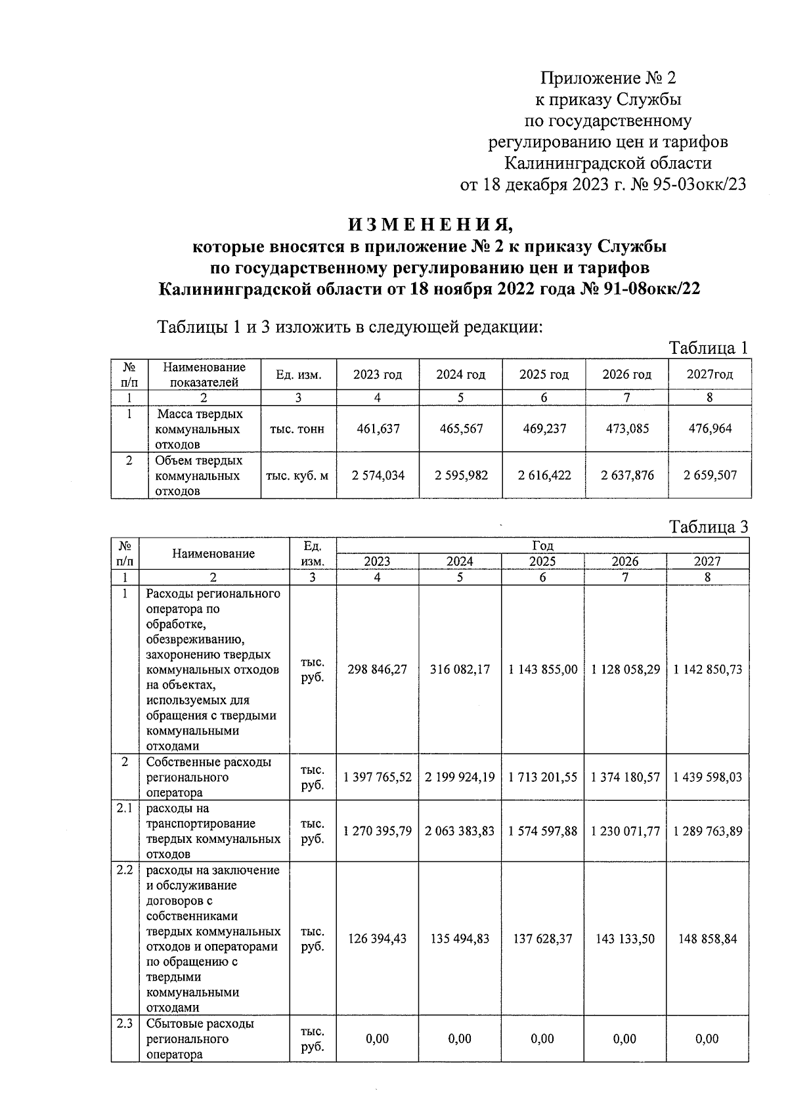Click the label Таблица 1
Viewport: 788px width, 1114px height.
click(x=708, y=348)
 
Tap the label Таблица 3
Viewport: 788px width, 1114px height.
click(x=708, y=526)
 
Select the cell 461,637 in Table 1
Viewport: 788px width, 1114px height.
click(x=378, y=429)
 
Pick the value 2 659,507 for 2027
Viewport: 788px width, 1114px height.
click(x=710, y=475)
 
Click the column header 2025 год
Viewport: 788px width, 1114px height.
click(x=544, y=375)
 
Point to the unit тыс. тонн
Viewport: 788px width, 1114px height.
click(x=298, y=429)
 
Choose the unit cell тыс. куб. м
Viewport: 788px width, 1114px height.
click(x=298, y=475)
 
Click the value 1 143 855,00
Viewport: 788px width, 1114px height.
click(x=543, y=670)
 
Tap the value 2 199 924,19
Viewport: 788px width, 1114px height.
click(x=460, y=777)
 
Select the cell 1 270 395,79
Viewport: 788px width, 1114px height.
click(x=378, y=831)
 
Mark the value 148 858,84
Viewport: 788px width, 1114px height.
click(x=708, y=939)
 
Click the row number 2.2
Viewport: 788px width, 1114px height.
click(x=125, y=870)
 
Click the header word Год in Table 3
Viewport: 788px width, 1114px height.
click(x=542, y=546)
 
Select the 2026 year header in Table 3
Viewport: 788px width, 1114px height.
click(x=625, y=561)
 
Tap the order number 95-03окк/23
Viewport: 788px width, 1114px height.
click(x=699, y=184)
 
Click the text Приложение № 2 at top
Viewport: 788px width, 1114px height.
click(x=608, y=79)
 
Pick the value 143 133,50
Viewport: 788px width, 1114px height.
click(x=625, y=939)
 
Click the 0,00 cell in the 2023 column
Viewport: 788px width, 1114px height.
click(x=378, y=1039)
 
